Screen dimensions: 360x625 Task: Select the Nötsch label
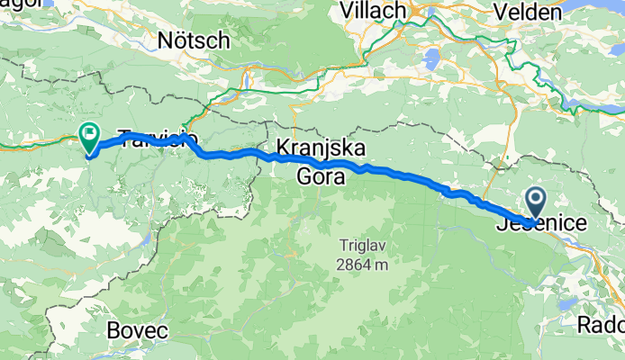(193, 40)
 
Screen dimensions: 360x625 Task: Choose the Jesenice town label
(542, 224)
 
